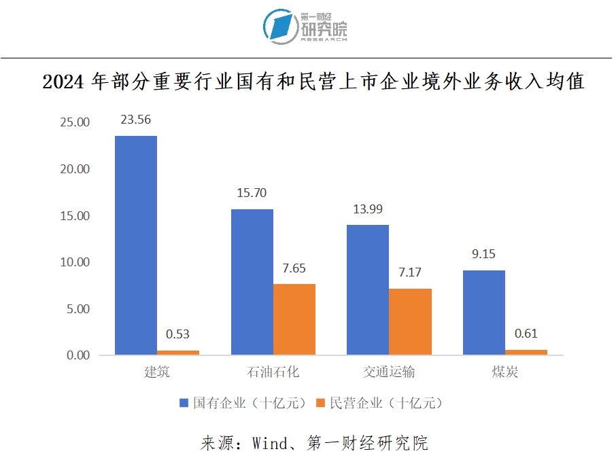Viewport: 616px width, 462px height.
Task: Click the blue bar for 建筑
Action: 136,245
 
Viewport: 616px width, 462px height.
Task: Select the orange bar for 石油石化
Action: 294,319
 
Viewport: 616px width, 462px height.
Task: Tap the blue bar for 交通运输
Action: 368,289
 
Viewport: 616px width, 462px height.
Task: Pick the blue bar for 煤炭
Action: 483,313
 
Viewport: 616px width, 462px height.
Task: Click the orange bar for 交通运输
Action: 410,321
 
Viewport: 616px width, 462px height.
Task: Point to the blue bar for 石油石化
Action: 252,281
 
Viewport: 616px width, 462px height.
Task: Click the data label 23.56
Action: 135,120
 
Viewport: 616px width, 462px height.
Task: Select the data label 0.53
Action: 178,334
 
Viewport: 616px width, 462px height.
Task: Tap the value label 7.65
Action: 294,268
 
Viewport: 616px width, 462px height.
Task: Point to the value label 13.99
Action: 368,209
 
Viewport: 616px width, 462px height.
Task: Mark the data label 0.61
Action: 526,334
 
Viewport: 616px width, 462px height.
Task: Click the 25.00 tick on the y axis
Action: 75,123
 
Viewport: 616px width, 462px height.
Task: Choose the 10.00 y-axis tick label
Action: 75,262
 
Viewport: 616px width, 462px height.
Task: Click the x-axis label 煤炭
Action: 505,372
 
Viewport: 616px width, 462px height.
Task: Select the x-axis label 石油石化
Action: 273,372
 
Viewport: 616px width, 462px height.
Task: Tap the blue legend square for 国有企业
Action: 184,403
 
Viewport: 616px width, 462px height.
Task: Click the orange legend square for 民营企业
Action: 321,403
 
